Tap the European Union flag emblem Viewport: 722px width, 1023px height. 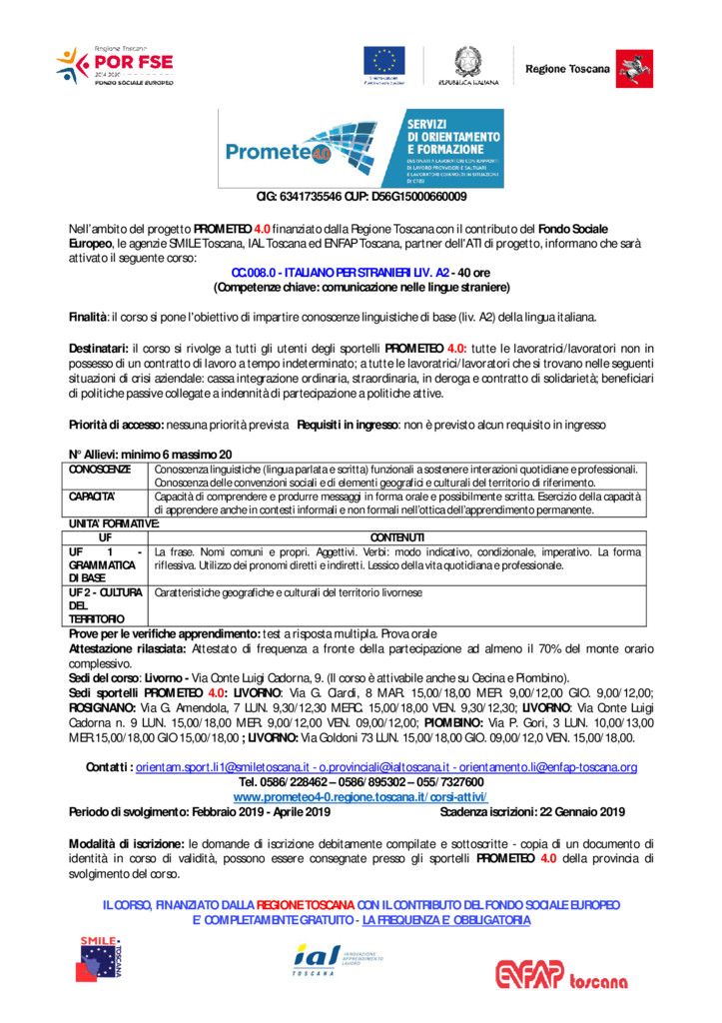pos(385,64)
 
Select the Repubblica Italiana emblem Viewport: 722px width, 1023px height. pos(465,64)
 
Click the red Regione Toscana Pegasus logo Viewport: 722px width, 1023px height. pos(627,68)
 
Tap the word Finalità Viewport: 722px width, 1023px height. pos(87,317)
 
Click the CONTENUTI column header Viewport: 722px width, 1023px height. pos(396,537)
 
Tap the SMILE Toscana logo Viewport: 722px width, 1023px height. pos(102,957)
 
